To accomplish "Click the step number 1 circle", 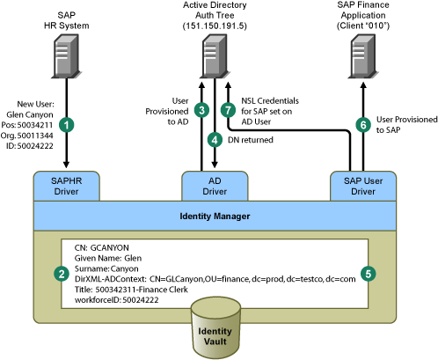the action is [x=66, y=125].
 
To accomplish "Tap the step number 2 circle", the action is [x=62, y=274].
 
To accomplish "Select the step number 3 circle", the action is [x=201, y=111].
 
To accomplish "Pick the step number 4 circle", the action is [x=215, y=140].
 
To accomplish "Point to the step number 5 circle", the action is [x=369, y=274].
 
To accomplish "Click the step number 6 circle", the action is [x=363, y=125].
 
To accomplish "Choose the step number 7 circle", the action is [x=228, y=111].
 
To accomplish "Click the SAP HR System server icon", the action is [x=66, y=56].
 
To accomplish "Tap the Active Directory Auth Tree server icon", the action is [x=215, y=56].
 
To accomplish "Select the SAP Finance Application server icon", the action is [x=363, y=56].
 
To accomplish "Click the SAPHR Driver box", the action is [x=67, y=187].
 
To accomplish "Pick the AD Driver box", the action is [x=215, y=187].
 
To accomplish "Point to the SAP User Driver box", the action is [x=363, y=187].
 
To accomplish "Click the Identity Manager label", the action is [x=215, y=217].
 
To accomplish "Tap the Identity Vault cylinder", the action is [x=215, y=327].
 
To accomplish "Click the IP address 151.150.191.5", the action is [x=215, y=26].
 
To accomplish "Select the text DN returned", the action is [x=251, y=140].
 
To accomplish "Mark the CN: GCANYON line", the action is [x=102, y=248].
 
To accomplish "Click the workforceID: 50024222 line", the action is [x=117, y=300].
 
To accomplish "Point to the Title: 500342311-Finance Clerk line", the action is [x=131, y=290].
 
